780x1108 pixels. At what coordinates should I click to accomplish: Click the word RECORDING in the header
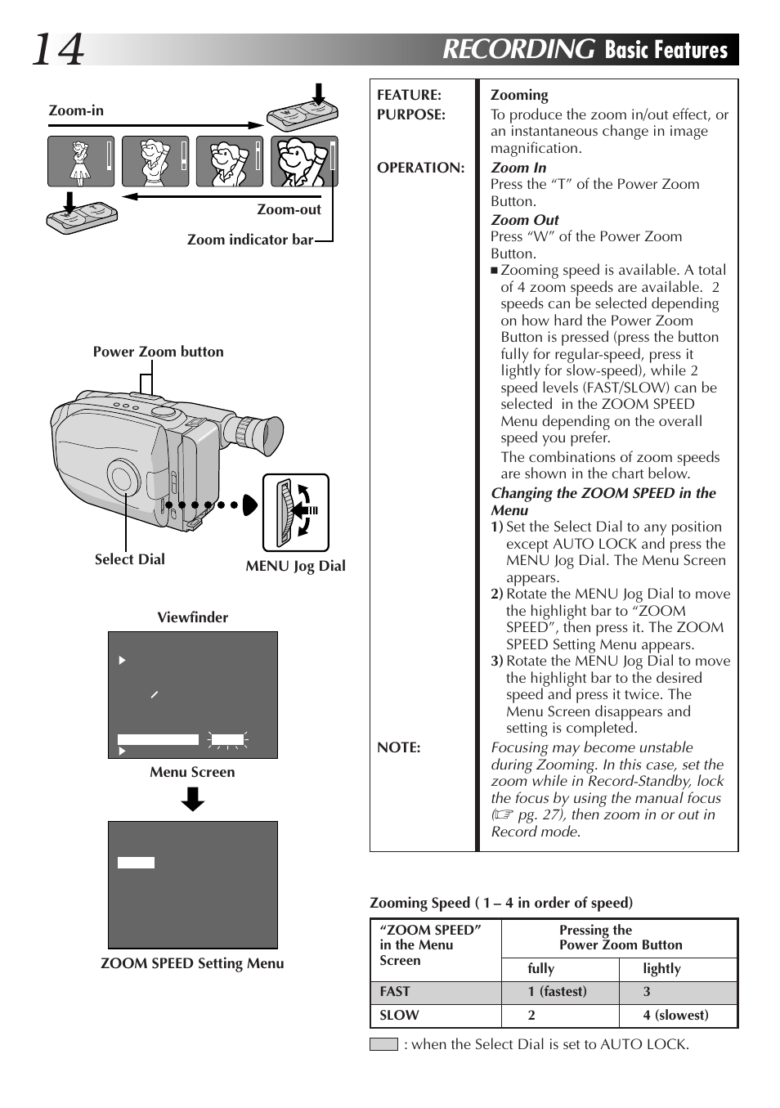click(518, 49)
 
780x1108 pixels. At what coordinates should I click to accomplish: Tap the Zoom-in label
click(76, 110)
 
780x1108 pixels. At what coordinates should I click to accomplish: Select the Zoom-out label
click(289, 209)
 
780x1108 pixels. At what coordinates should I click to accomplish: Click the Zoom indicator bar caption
click(249, 240)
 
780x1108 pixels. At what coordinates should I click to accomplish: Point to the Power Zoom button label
click(158, 352)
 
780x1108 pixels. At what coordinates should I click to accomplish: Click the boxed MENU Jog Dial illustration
click(295, 513)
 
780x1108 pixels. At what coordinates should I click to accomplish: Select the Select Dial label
click(129, 559)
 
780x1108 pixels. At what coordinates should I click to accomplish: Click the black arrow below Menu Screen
click(193, 799)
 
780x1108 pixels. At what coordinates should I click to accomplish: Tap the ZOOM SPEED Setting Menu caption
click(192, 963)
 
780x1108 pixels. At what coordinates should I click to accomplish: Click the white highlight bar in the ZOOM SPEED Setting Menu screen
click(136, 863)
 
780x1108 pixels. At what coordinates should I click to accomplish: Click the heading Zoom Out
click(524, 220)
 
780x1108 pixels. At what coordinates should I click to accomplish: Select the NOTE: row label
click(398, 747)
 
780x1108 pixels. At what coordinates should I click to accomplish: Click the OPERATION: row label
click(420, 168)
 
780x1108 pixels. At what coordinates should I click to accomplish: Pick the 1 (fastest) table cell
click(557, 991)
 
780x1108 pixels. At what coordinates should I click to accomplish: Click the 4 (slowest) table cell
click(675, 1015)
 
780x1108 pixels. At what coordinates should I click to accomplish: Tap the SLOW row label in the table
click(399, 1015)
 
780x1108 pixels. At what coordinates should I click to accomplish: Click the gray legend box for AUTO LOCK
click(383, 1044)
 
